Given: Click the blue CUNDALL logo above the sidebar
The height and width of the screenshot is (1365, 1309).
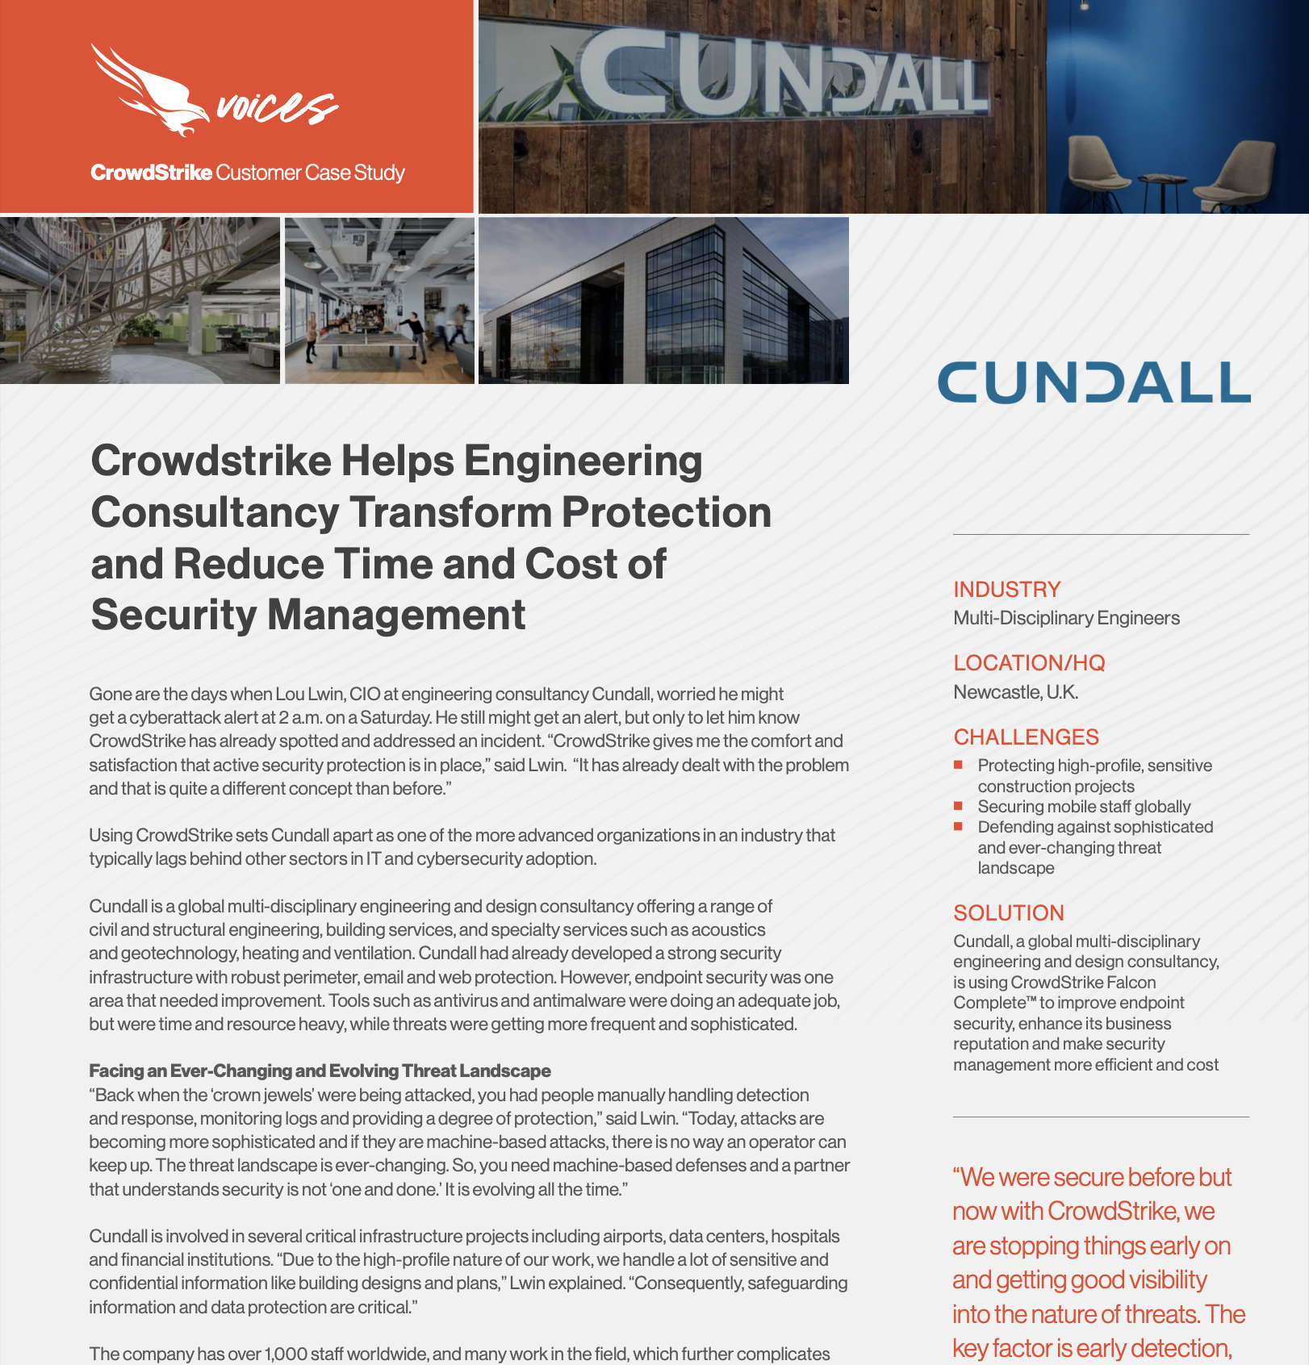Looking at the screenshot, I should coord(1094,382).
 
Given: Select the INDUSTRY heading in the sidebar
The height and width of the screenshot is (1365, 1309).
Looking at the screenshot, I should coord(1006,590).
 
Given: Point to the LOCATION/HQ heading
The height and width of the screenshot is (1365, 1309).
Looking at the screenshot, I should coord(1029,663).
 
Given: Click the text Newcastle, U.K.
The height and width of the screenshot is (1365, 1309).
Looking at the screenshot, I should coord(1015,692).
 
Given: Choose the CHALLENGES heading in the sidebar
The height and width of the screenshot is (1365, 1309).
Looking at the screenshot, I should coord(1026,737).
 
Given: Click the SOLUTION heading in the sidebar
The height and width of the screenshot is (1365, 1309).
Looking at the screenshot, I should coord(1009,913).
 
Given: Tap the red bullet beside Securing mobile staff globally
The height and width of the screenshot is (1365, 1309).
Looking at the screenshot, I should coord(958,806).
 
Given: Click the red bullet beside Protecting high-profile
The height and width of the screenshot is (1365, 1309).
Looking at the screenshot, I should coord(958,765).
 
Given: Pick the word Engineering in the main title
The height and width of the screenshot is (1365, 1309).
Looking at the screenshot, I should coord(582,461).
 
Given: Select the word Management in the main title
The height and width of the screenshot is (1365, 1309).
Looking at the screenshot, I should coord(396,615).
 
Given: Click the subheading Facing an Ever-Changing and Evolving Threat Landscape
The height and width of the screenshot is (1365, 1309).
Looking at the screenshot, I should coord(320,1071).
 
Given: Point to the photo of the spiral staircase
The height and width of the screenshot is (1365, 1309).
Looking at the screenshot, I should coord(139,300).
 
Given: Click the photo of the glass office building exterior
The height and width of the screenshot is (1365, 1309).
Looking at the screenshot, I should coord(663,300).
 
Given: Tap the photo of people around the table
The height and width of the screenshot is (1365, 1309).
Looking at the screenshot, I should coord(379,300).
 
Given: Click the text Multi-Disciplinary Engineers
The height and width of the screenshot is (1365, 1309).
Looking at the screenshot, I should coord(1066,618).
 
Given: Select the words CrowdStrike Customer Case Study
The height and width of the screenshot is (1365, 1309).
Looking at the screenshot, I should coord(247,173).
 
